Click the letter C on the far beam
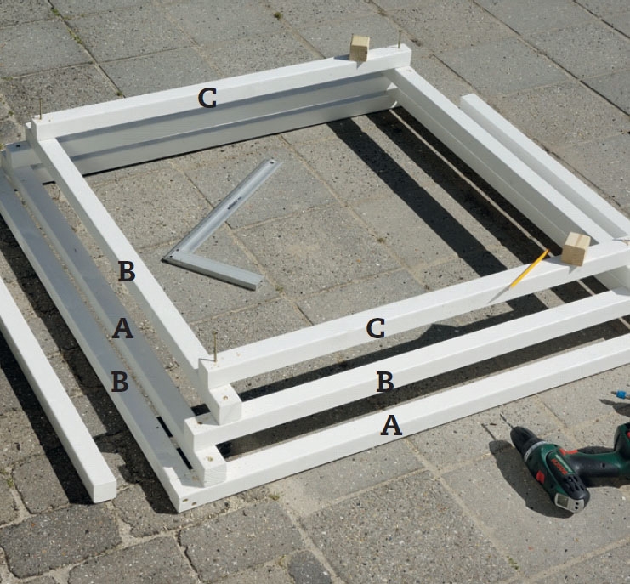(x=207, y=99)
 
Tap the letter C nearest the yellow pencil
(x=376, y=328)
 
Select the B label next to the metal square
(x=127, y=271)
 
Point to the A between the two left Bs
(x=122, y=328)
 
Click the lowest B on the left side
(x=120, y=382)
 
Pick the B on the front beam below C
(x=385, y=382)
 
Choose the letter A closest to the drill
(x=391, y=426)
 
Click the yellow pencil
(x=529, y=269)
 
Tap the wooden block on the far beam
(x=360, y=48)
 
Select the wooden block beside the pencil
(x=576, y=249)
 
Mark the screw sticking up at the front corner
(x=215, y=346)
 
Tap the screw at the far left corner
(x=40, y=108)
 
